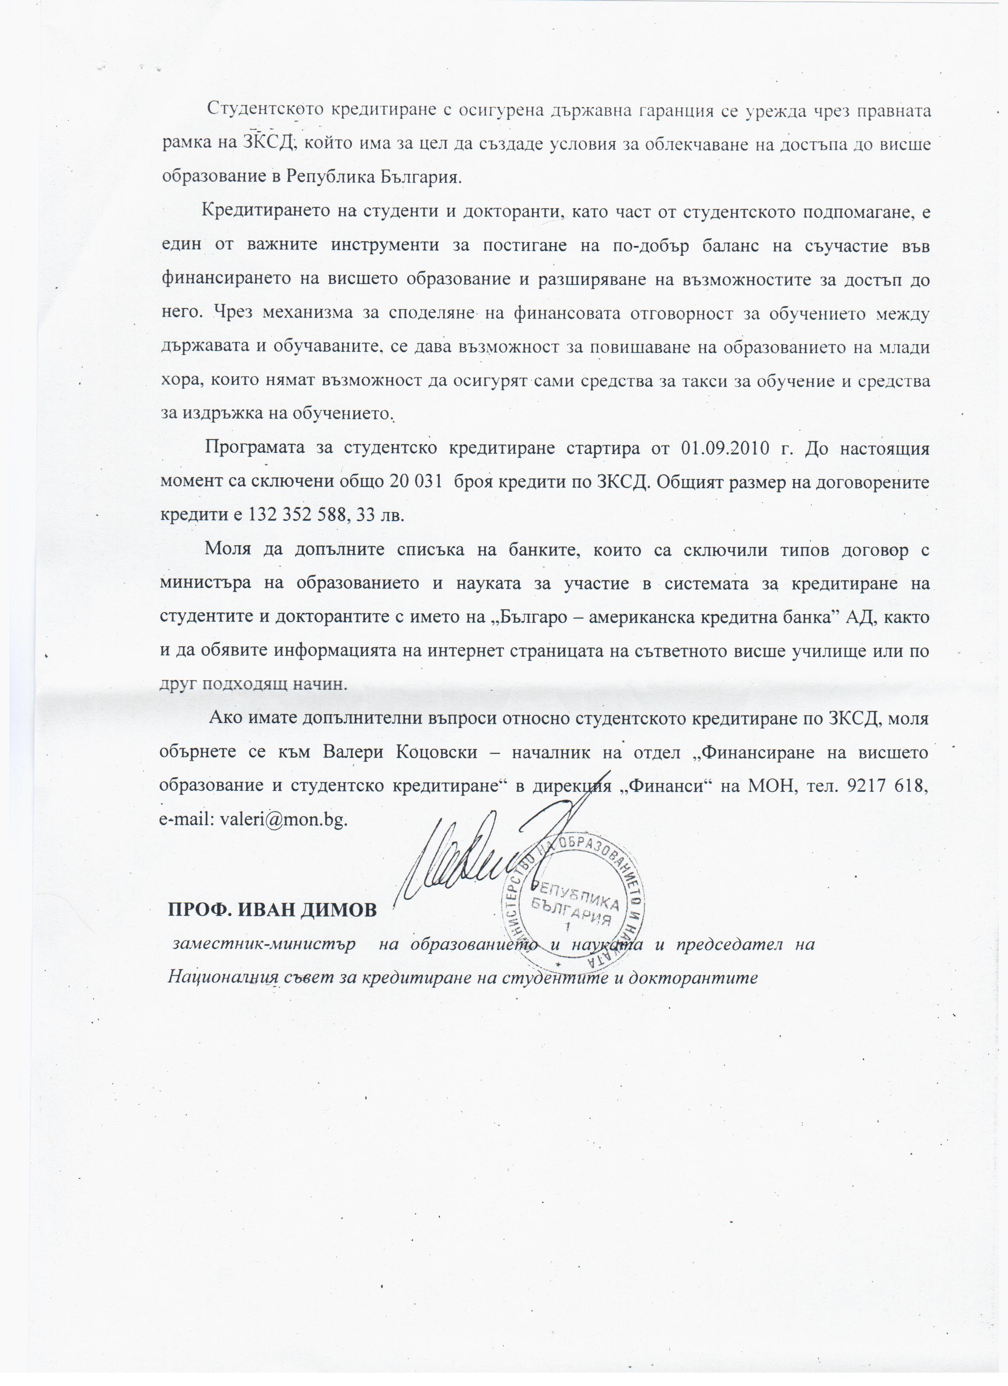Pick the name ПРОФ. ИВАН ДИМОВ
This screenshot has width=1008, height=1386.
tap(273, 910)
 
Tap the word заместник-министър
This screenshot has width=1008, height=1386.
tap(265, 944)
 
